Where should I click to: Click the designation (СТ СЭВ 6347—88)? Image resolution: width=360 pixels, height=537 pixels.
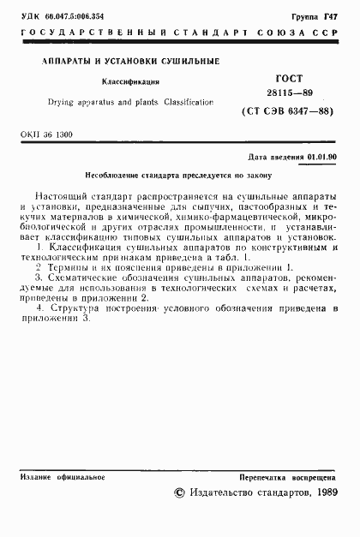point(287,109)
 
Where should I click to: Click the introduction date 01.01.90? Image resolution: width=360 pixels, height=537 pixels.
point(321,158)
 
